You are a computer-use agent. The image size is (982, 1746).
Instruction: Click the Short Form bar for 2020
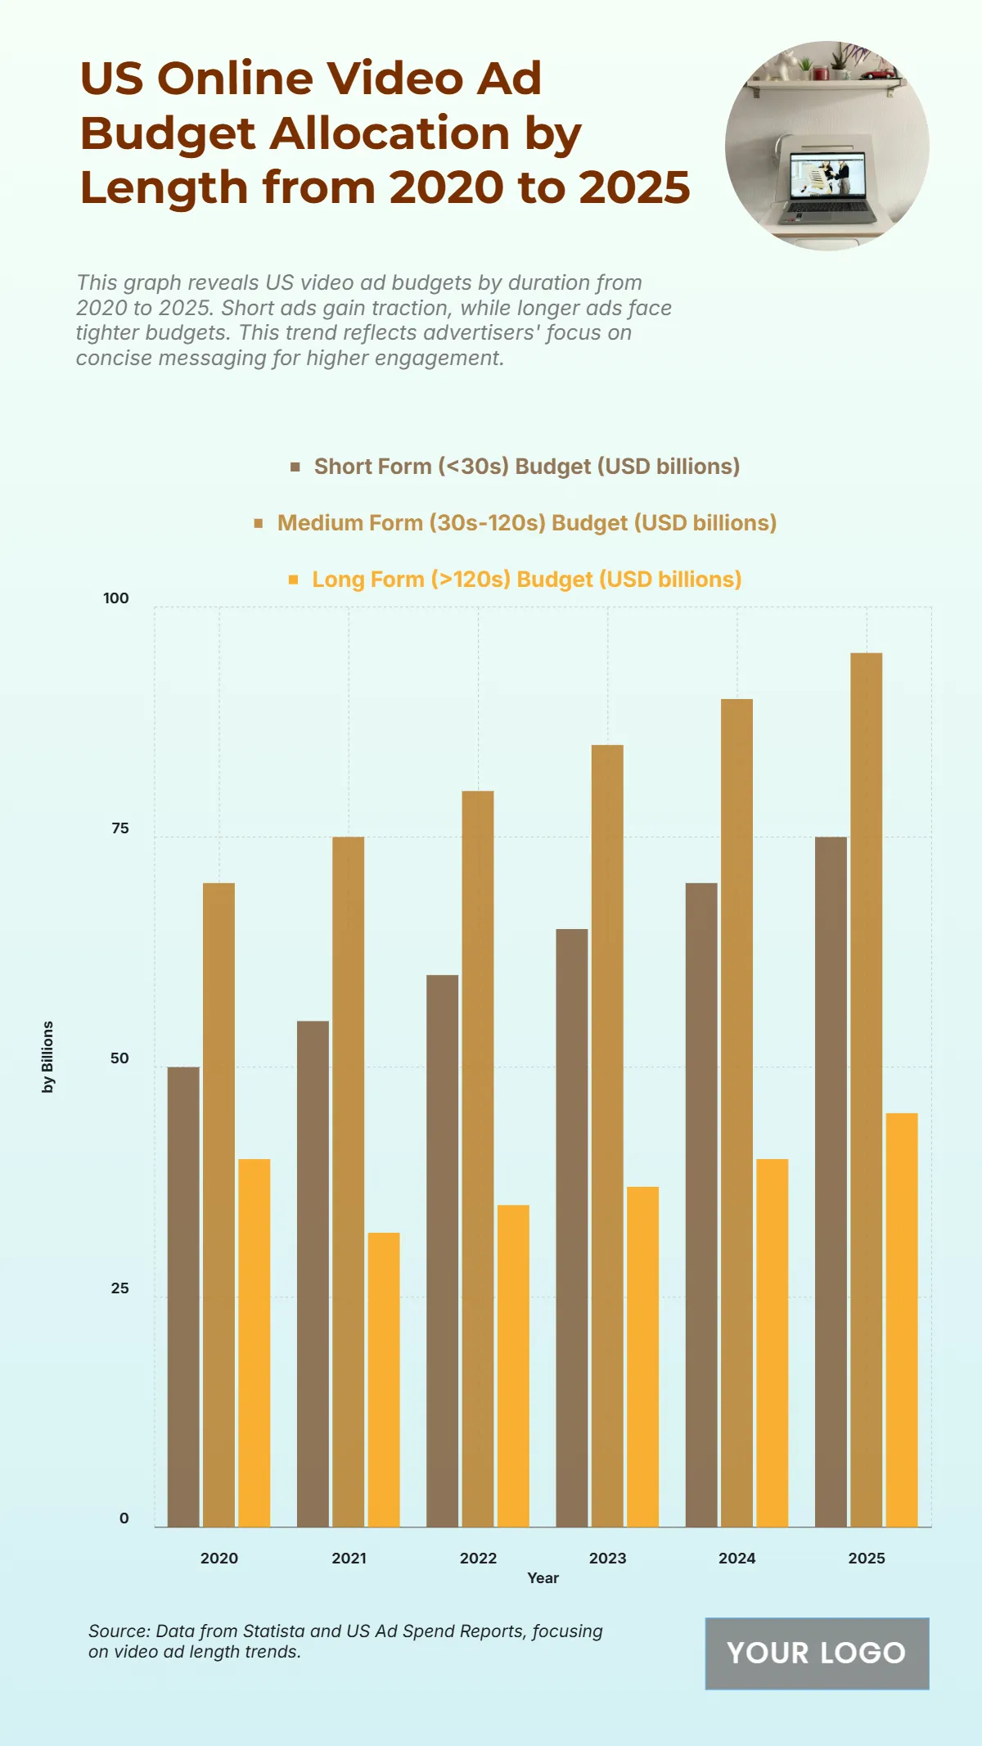click(x=183, y=1297)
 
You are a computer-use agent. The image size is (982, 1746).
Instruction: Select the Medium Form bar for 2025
click(x=866, y=1090)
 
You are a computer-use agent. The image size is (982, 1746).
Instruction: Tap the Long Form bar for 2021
click(x=384, y=1379)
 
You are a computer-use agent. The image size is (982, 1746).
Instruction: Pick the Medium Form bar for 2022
click(x=478, y=1158)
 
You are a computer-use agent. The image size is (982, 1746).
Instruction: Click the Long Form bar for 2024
click(x=772, y=1342)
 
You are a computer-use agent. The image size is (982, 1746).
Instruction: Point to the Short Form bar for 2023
click(x=572, y=1228)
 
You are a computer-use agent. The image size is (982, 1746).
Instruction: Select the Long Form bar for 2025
click(x=902, y=1320)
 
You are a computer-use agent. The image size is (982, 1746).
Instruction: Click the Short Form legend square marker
click(x=295, y=467)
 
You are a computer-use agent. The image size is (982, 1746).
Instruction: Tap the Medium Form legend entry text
click(x=527, y=523)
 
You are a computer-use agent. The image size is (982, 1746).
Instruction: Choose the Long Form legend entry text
click(x=527, y=580)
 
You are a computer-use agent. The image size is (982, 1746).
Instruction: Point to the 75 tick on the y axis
click(x=120, y=828)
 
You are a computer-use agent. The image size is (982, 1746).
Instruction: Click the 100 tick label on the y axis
click(x=116, y=598)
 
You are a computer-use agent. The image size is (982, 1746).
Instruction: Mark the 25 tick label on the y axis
click(x=120, y=1288)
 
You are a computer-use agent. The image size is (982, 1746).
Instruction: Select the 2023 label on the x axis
click(x=607, y=1558)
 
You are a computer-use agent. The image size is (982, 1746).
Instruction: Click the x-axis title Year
click(x=543, y=1577)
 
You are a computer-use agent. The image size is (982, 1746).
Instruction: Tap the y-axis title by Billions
click(x=48, y=1056)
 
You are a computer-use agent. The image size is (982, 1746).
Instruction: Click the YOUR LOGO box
click(x=817, y=1653)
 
